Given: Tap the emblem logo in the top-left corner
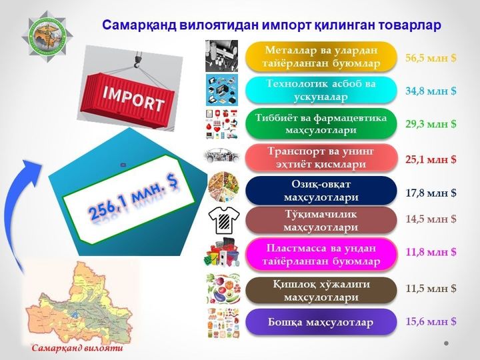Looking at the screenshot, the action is tap(47, 36).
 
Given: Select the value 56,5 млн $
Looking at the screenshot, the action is tap(431, 58).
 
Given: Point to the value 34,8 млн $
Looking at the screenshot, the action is tap(431, 91).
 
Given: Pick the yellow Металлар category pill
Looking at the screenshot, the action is tap(321, 57).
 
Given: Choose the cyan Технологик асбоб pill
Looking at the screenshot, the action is tap(321, 90).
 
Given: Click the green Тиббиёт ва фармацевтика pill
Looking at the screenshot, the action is tap(321, 124).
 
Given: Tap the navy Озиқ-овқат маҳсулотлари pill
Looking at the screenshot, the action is tap(321, 191).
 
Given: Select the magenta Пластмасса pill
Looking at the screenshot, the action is tap(321, 255).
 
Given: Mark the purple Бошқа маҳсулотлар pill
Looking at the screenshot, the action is tap(321, 322).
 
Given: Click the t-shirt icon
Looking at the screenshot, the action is tap(224, 221).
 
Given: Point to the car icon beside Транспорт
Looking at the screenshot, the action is tap(221, 156).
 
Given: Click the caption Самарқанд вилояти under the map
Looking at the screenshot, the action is tap(77, 348).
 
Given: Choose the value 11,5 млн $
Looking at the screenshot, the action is tap(431, 288).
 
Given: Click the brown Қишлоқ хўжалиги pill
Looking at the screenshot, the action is tap(321, 291).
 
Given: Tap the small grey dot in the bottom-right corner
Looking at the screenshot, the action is tap(446, 343).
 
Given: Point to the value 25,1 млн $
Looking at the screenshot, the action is tap(431, 159).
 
